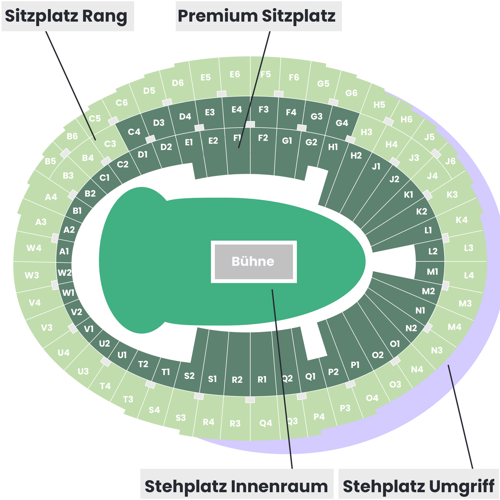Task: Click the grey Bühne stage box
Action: [254, 262]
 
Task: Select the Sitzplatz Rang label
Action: [68, 16]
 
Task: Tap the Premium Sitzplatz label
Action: [259, 16]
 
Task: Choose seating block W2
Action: [64, 273]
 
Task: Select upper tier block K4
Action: [462, 220]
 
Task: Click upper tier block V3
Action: [47, 327]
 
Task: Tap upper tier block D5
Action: [149, 91]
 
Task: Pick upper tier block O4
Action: [372, 398]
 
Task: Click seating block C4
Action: [134, 132]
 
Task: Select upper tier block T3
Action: [128, 399]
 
